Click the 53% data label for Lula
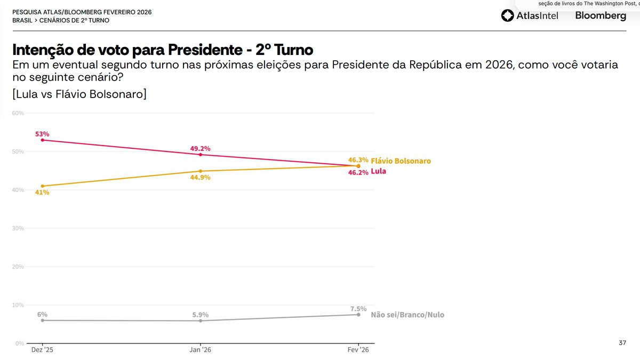(42, 134)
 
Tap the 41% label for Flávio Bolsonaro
(42, 193)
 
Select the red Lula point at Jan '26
(201, 154)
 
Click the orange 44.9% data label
(201, 178)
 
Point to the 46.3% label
(358, 159)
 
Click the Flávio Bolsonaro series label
(401, 161)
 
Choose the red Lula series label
(378, 172)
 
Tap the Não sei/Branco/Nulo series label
(407, 315)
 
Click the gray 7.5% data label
(358, 308)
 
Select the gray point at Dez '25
(42, 320)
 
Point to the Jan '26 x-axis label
(201, 350)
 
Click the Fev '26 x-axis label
(358, 350)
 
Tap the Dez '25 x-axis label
(42, 350)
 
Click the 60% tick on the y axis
(18, 113)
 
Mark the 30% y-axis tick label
(18, 228)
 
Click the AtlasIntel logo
(530, 16)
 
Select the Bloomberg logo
(601, 16)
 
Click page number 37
(622, 342)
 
